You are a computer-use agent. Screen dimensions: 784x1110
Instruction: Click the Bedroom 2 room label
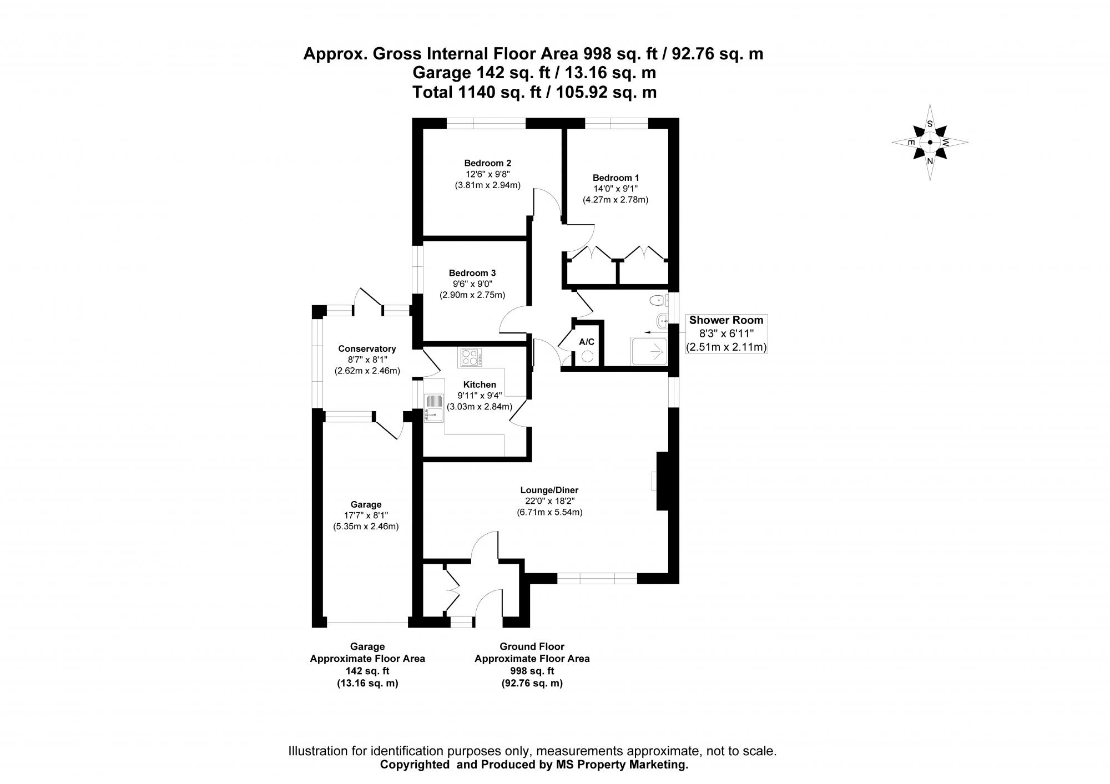[487, 163]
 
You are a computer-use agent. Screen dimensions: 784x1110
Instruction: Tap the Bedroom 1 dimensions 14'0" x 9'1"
[615, 189]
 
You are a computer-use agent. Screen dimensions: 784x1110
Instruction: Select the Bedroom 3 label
[472, 273]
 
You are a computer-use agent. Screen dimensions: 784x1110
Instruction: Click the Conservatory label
[367, 348]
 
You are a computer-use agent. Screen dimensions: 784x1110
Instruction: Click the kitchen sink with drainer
[433, 408]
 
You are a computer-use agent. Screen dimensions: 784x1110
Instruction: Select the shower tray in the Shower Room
[649, 351]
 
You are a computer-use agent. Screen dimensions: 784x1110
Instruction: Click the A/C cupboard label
[587, 342]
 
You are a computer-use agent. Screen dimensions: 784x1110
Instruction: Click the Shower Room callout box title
[726, 320]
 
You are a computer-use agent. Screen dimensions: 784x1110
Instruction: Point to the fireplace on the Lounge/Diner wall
[662, 481]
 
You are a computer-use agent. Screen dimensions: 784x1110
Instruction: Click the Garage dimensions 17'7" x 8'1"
[366, 515]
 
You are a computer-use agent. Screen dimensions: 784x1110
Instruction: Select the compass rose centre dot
[930, 142]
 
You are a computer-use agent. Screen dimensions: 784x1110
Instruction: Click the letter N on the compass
[930, 161]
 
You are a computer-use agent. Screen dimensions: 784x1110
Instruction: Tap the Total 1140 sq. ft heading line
[534, 92]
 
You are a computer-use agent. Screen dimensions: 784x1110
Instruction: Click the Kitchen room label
[480, 385]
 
